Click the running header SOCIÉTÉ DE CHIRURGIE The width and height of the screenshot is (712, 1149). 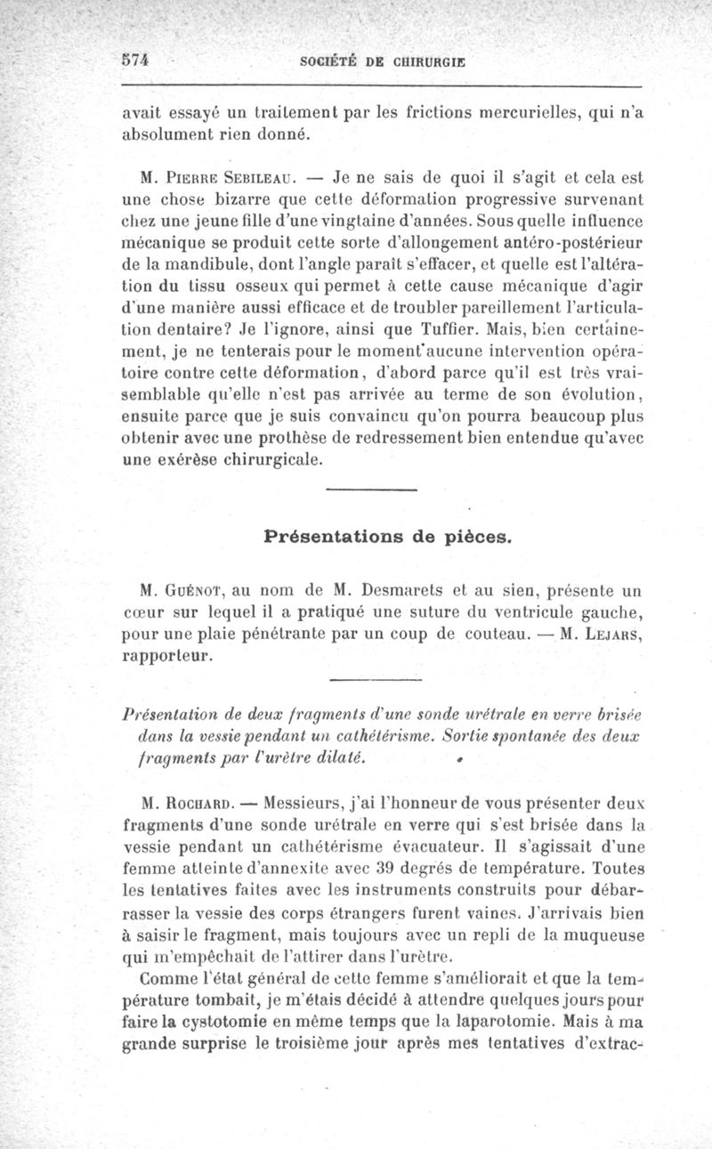(384, 61)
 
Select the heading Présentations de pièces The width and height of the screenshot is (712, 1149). (387, 537)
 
